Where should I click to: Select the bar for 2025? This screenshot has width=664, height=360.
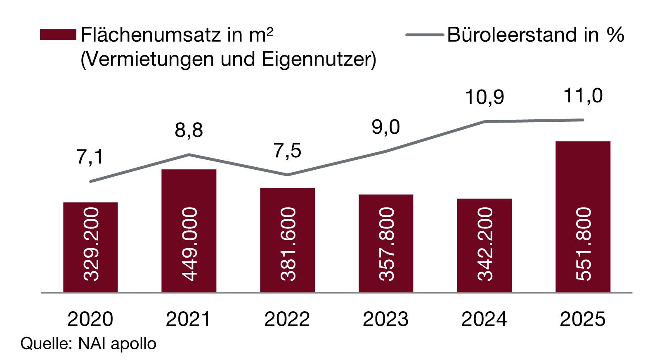[x=583, y=217]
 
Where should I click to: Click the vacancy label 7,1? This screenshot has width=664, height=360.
[x=90, y=157]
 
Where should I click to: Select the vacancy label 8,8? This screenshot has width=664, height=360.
[x=189, y=130]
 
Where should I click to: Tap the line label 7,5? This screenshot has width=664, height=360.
[x=287, y=151]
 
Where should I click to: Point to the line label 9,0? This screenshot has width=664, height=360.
[x=386, y=127]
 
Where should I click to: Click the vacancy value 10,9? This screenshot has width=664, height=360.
[x=484, y=97]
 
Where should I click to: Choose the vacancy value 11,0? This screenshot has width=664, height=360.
[x=583, y=96]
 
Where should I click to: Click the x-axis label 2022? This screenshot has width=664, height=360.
[x=287, y=319]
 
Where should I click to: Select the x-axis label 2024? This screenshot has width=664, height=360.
[x=484, y=319]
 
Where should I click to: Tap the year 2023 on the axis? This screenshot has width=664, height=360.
[x=386, y=319]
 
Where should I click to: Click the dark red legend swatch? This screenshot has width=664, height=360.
[x=58, y=35]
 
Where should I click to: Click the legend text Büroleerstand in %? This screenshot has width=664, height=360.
[x=535, y=35]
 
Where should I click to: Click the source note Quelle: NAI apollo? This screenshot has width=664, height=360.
[x=88, y=343]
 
